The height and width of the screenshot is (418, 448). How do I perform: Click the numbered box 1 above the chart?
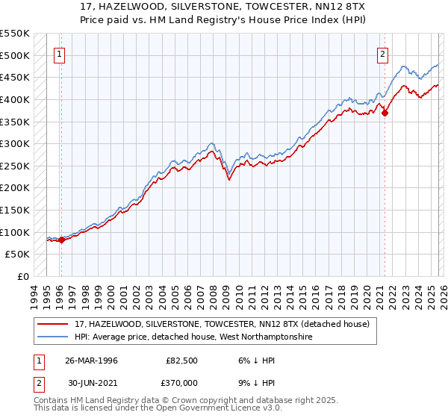click(59, 53)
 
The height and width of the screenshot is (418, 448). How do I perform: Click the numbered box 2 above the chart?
click(382, 53)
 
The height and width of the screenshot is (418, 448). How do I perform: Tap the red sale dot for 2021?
click(385, 113)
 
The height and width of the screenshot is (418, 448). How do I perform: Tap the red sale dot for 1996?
click(61, 240)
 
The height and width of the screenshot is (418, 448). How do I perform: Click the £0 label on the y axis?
click(23, 277)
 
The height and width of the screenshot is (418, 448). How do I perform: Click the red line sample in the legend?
click(53, 324)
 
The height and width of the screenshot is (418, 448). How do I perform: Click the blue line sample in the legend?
click(53, 337)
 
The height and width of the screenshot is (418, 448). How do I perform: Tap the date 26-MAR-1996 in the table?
click(92, 361)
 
